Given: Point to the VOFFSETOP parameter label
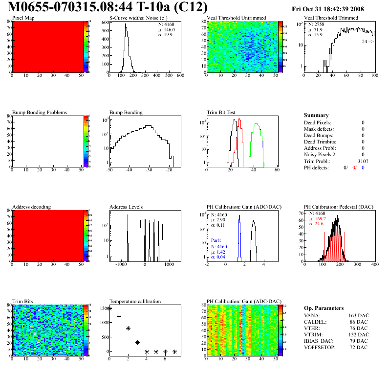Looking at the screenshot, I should (321, 347).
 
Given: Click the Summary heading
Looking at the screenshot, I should (316, 115).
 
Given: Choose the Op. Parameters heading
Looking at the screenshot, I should (324, 308).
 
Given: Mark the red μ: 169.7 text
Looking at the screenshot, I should (317, 219).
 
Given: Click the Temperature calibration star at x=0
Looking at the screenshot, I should (109, 308).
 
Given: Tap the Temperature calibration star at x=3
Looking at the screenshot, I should (138, 343).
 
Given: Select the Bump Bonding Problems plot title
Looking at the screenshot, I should (40, 112).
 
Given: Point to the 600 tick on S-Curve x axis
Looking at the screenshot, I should (180, 76).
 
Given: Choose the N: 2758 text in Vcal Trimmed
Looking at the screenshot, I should (315, 24).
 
